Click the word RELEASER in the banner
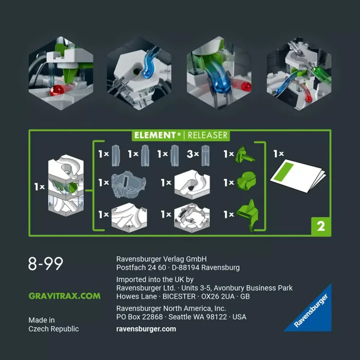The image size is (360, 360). (207, 135)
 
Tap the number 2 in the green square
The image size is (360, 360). (320, 226)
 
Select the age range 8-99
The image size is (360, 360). (45, 264)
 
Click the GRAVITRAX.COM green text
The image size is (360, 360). (64, 296)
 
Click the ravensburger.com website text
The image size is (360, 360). (146, 329)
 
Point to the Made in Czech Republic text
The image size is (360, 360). (54, 324)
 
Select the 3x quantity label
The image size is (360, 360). (192, 154)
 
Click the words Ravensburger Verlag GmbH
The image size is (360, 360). (161, 259)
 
